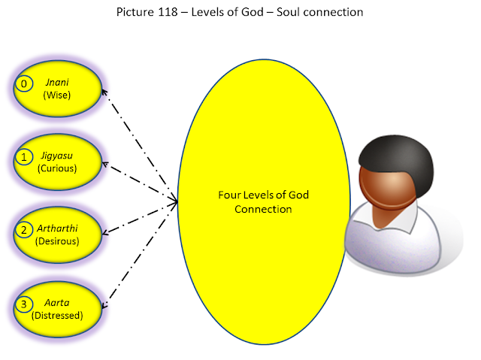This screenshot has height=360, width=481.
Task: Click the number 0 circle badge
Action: tap(24, 83)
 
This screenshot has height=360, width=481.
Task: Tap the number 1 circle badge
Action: tap(24, 157)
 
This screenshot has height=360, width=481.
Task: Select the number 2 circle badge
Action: tap(24, 230)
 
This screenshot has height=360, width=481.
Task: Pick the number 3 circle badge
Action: tap(24, 304)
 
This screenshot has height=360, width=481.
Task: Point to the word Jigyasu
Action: tap(57, 156)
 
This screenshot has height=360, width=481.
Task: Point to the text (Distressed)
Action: tap(57, 316)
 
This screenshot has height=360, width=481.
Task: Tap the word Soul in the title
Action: tap(304, 13)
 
